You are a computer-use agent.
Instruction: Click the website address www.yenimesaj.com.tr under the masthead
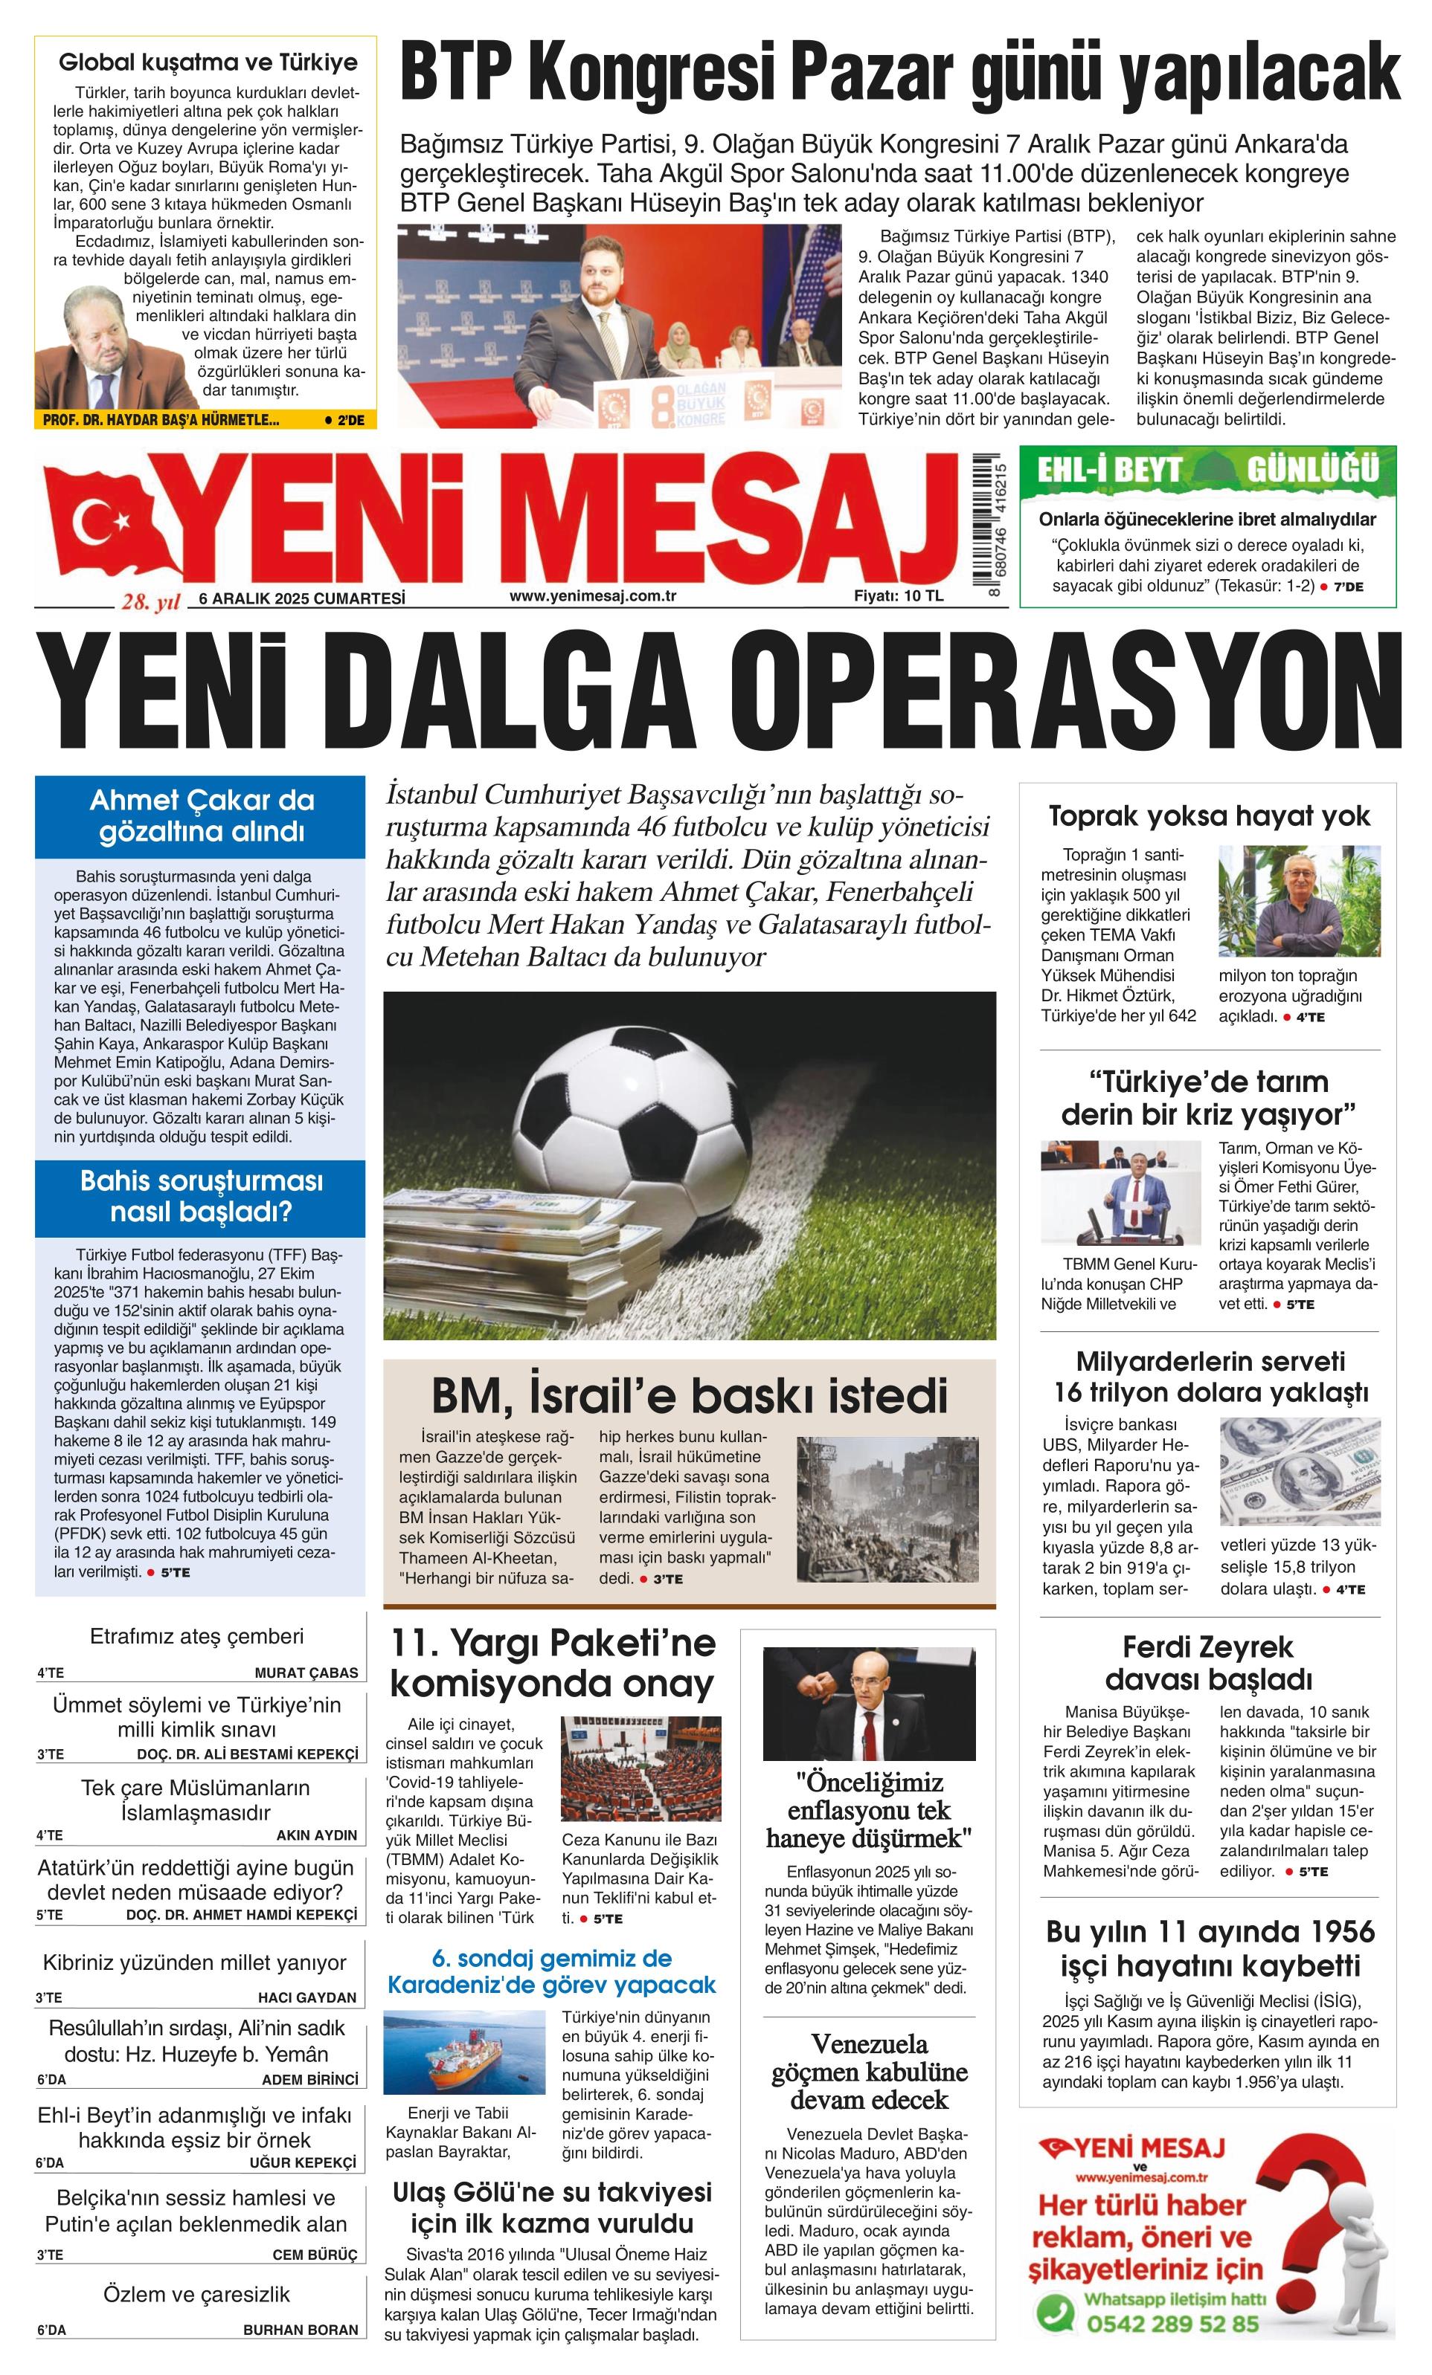(x=592, y=595)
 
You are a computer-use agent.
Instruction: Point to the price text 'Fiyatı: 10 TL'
(x=898, y=595)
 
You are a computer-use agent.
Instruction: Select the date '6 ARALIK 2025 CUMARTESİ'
(x=302, y=598)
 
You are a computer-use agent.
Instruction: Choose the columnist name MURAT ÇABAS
(x=306, y=1673)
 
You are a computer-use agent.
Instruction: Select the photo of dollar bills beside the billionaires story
(x=1299, y=1472)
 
